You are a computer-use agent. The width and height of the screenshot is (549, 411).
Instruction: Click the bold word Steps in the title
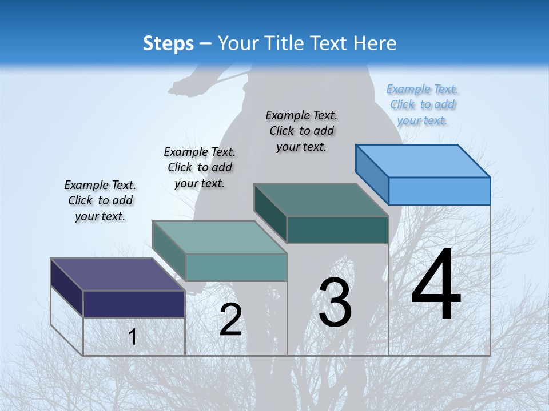(x=168, y=43)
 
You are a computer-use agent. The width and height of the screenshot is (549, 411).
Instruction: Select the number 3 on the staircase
(x=335, y=303)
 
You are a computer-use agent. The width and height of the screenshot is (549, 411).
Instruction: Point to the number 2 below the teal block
(x=230, y=320)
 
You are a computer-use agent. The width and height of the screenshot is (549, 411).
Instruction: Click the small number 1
(x=133, y=337)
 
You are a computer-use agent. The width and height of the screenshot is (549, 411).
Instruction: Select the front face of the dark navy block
(x=134, y=304)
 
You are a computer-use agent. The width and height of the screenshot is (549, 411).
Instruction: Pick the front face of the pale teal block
(x=236, y=267)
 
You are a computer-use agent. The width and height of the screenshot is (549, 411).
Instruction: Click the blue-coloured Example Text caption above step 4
(x=423, y=105)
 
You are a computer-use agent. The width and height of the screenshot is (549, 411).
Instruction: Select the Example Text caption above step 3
(x=301, y=131)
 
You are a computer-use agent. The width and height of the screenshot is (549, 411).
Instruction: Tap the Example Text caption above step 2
(x=200, y=167)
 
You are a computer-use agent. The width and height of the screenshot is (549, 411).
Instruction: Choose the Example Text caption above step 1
(x=100, y=200)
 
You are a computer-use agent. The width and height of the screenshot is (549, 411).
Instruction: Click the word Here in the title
(x=376, y=43)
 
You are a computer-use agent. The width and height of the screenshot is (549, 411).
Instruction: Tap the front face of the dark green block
(x=337, y=230)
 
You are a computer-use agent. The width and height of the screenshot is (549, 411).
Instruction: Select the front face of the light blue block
(x=439, y=191)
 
